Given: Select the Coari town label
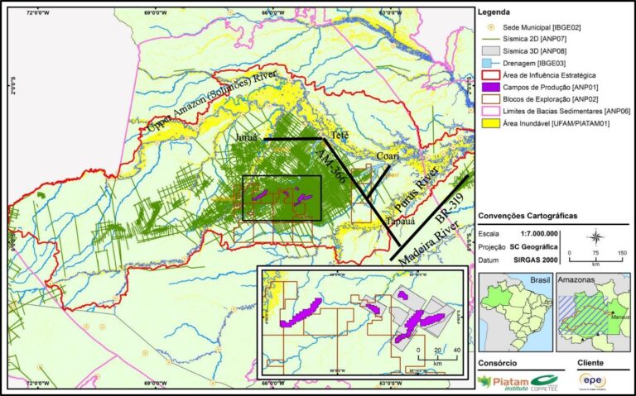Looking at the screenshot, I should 388,155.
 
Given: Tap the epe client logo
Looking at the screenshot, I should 592,380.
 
